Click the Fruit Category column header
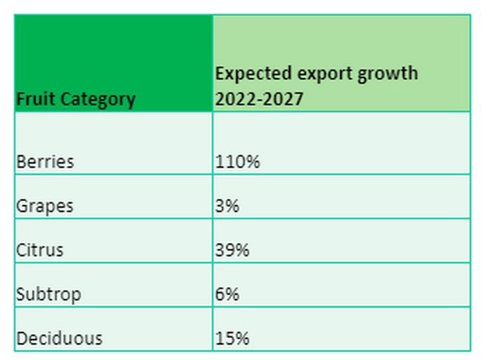76,100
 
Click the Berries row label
45,162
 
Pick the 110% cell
237,162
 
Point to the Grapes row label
45,206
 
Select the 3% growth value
228,206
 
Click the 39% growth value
233,250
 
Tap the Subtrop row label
49,294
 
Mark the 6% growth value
228,294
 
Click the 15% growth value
233,338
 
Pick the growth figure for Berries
237,162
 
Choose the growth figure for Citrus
233,250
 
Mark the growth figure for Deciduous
233,338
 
